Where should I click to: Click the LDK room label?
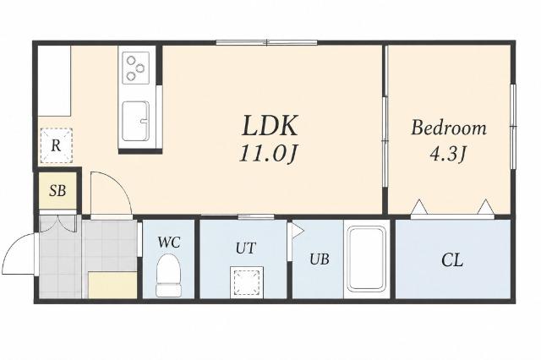pos(270,126)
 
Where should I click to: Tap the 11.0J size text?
pos(269,154)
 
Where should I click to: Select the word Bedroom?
pos(449,128)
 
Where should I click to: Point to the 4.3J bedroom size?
pos(448,154)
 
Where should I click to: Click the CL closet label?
pos(452,260)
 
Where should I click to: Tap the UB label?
pos(320,259)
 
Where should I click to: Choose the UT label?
pos(246,248)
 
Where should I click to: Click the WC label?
pos(169,243)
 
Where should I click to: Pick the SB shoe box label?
pos(57,190)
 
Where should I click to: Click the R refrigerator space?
pos(57,145)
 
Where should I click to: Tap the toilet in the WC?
pos(169,275)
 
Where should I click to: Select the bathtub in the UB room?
pos(366,259)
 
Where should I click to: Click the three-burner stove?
pos(136,68)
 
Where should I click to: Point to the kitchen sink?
pos(135,121)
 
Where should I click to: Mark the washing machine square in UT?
pos(247,282)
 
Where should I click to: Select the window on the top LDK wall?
pos(267,43)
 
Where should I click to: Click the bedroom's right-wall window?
pos(513,127)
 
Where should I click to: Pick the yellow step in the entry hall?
pos(112,285)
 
